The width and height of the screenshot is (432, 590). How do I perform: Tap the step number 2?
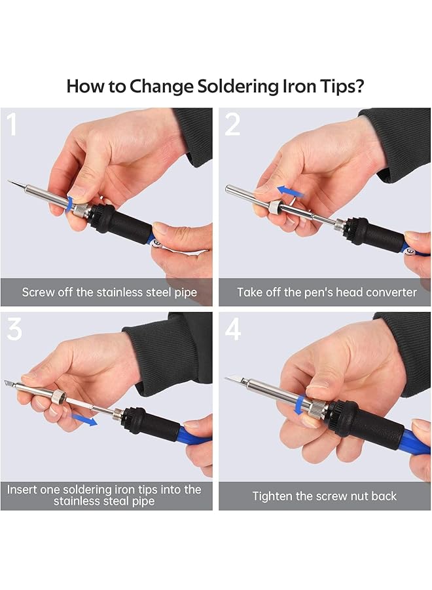[x=233, y=125]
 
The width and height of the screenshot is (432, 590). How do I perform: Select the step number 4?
[x=234, y=329]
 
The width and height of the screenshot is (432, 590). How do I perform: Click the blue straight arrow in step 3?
[x=83, y=417]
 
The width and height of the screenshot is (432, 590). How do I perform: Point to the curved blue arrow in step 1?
[x=70, y=202]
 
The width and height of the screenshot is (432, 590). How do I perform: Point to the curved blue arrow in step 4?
[x=300, y=404]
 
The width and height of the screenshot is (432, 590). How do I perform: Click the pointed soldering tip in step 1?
[x=14, y=183]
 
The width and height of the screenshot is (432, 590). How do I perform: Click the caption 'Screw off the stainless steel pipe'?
[x=109, y=292]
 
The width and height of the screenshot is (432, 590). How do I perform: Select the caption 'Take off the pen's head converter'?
[x=327, y=292]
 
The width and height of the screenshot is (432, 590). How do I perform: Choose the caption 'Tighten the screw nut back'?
[x=325, y=496]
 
